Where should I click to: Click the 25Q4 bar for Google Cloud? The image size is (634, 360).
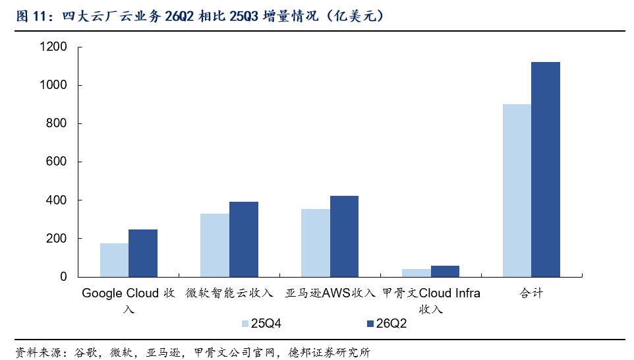tap(115, 260)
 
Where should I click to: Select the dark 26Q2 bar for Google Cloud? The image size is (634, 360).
tap(143, 253)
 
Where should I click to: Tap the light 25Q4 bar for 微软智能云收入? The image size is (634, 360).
tap(215, 245)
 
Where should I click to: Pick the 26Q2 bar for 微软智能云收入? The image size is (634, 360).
tap(244, 239)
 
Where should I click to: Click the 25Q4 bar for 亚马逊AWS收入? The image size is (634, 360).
tap(316, 243)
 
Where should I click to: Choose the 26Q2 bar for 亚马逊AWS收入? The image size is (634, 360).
tap(345, 237)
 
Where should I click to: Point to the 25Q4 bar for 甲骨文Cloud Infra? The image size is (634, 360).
tap(417, 273)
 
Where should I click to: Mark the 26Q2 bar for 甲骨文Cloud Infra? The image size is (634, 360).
tap(445, 272)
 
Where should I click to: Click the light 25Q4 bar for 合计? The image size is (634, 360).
tap(517, 191)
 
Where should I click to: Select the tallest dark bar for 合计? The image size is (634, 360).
tap(546, 169)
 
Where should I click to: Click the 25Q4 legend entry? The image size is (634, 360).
tap(262, 324)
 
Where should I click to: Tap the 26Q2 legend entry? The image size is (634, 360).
tap(387, 324)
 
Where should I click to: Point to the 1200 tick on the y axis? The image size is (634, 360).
tap(53, 47)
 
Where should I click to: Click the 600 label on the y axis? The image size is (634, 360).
tap(56, 162)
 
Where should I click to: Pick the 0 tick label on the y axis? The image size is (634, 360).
tap(63, 277)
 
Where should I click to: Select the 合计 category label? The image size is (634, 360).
tap(531, 293)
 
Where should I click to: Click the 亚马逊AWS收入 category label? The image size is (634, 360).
tap(330, 293)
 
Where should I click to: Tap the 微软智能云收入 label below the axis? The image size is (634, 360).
tap(229, 293)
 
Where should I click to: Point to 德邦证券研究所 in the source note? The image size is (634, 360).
tap(329, 352)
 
